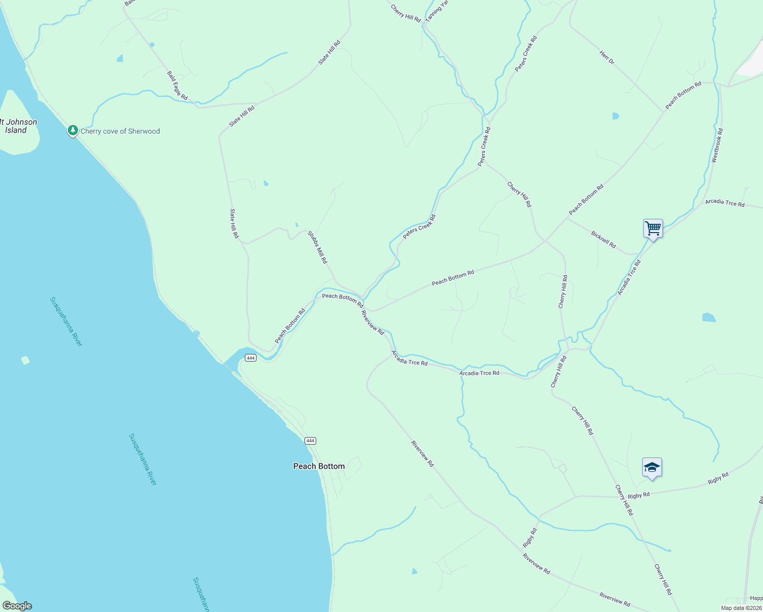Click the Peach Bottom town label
point(319,466)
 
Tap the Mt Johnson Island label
point(18,126)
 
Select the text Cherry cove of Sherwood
point(120,131)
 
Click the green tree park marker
point(73,131)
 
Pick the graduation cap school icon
point(652,467)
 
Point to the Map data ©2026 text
point(741,608)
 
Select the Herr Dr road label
point(607,57)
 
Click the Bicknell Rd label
point(603,239)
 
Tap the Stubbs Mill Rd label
point(317,247)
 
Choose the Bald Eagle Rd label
point(177,85)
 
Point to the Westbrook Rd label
point(717,145)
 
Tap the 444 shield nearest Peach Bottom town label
point(310,441)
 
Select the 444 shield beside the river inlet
point(250,358)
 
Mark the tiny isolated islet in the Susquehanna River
point(26,361)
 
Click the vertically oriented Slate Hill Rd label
point(234,224)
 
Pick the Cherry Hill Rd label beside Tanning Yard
point(405,13)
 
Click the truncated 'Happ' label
point(756,598)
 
